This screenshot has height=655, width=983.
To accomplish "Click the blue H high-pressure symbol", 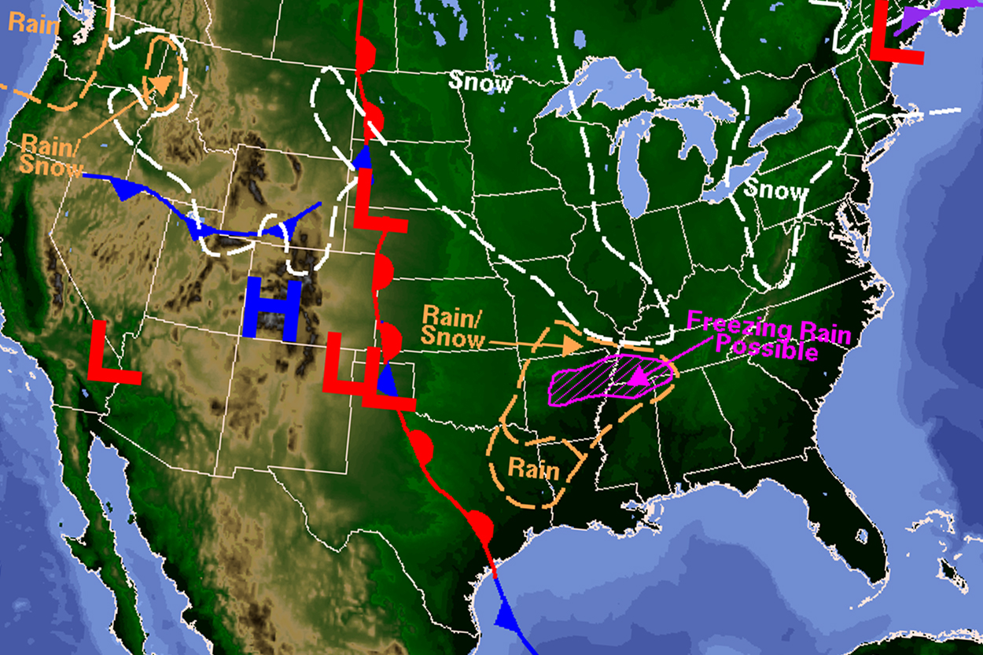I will pyautogui.click(x=272, y=308).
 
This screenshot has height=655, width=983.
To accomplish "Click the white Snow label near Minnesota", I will pyautogui.click(x=480, y=82).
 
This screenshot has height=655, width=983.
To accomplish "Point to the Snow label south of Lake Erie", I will pyautogui.click(x=776, y=190).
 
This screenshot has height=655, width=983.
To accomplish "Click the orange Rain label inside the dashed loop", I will pyautogui.click(x=533, y=470).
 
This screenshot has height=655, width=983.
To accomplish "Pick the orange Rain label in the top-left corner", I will pyautogui.click(x=33, y=24).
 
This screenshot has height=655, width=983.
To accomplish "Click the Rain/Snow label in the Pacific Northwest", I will pyautogui.click(x=51, y=155).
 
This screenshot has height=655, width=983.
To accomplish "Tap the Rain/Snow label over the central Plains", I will pyautogui.click(x=454, y=326).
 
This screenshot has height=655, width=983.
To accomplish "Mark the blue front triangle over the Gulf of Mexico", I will pyautogui.click(x=504, y=613).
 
